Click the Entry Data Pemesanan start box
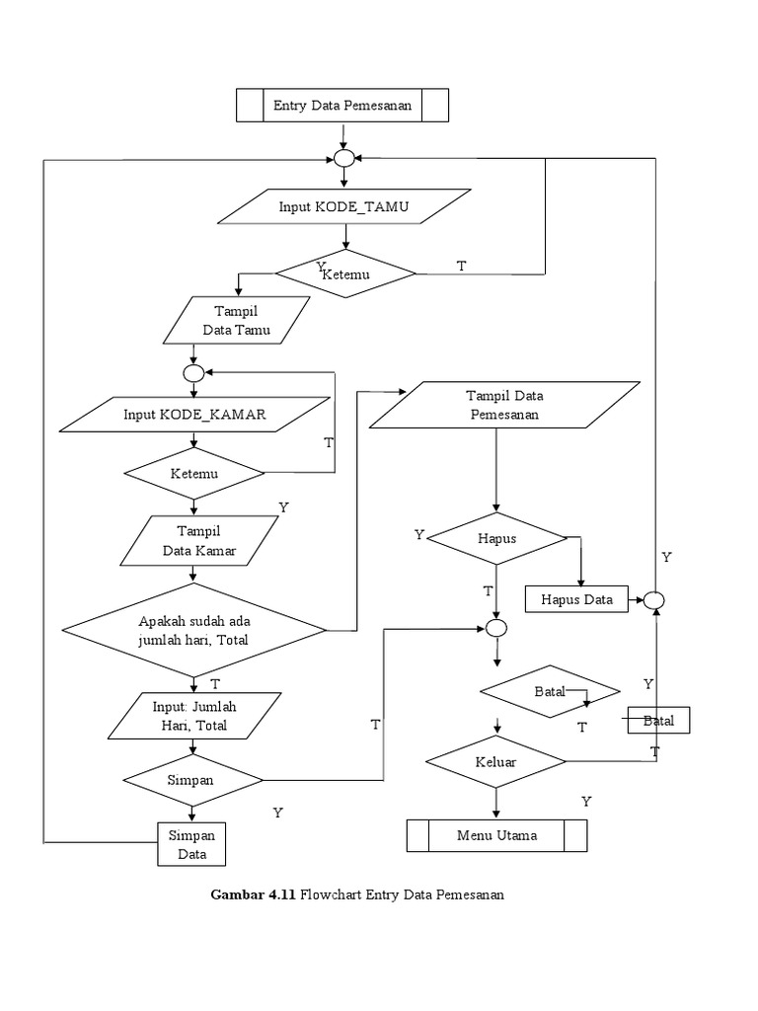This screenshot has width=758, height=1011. coord(342,104)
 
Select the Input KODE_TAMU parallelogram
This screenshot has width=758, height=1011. coord(343,207)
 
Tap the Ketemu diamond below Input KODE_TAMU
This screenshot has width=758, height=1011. coord(345,273)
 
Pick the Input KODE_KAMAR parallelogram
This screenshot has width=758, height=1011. coord(194,414)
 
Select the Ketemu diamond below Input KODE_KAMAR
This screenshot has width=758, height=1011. coord(193,473)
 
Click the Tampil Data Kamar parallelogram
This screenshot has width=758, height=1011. coord(199,541)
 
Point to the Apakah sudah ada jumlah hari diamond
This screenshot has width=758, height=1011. coord(194,630)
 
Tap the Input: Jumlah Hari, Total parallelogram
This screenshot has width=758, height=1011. coord(194,716)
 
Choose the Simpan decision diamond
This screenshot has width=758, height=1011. coord(192,779)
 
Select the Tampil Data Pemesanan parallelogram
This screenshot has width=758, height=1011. coord(504,406)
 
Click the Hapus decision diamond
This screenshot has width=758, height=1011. coord(496,539)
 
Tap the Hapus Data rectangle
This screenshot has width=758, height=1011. coord(577,598)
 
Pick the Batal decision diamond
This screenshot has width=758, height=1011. coord(550,691)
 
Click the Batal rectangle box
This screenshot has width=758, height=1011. coord(658,721)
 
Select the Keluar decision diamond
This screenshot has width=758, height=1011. coord(496,762)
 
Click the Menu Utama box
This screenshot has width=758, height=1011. coord(496,835)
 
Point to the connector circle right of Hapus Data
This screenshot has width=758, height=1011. coord(655,599)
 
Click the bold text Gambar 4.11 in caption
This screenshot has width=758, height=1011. coord(254,894)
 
